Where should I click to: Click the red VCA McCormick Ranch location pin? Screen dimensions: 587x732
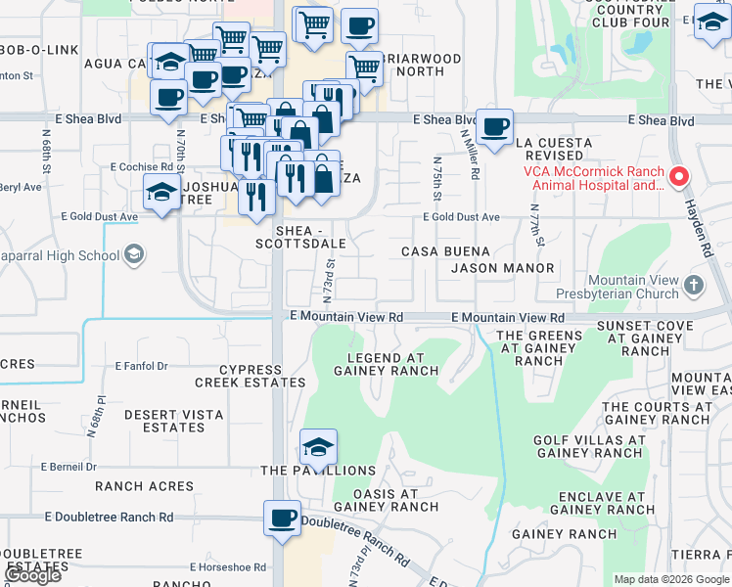tap(679, 177)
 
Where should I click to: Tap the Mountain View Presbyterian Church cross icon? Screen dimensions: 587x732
tap(693, 286)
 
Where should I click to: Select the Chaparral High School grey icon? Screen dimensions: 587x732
tap(134, 256)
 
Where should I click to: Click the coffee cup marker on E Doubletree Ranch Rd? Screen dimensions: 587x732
tap(282, 518)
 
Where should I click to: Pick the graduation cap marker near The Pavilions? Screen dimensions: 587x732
tap(318, 447)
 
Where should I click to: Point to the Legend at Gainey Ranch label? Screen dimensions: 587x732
tap(386, 364)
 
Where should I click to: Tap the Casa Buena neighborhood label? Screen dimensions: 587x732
tap(445, 251)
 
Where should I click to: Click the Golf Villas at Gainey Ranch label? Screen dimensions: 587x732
tap(588, 446)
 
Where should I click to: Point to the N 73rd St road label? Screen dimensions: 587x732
tap(330, 279)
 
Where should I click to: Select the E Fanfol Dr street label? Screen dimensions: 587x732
tap(142, 366)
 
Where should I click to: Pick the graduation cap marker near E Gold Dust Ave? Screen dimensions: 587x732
tap(161, 193)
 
